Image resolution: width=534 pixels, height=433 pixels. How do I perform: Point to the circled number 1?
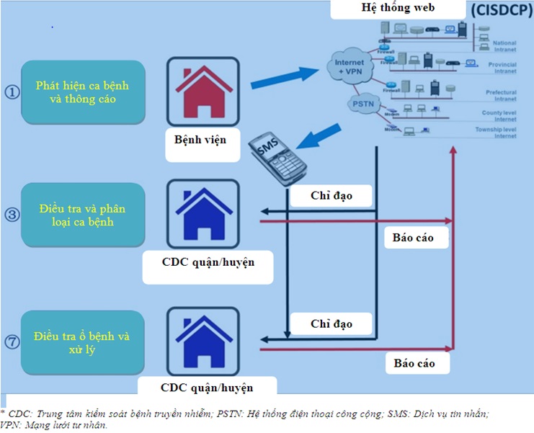click(12, 93)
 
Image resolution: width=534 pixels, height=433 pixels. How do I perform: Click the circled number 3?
click(12, 215)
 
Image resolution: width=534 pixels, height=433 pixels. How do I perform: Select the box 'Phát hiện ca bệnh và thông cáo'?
click(83, 92)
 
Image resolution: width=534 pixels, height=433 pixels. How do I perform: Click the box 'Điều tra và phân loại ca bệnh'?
click(83, 215)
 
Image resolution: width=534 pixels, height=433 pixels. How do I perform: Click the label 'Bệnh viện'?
click(195, 138)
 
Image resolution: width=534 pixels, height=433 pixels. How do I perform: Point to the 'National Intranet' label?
click(504, 46)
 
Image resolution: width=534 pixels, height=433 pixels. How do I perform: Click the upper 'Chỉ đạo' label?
click(331, 196)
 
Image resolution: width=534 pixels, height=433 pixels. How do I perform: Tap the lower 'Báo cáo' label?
click(414, 363)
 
